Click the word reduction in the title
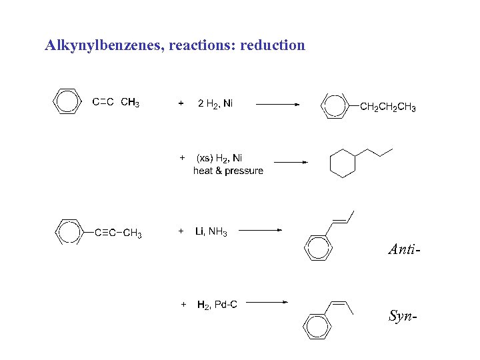[271, 46]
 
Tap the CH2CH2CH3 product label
[387, 107]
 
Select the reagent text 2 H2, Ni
[215, 103]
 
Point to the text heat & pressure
[228, 171]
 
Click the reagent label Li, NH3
[211, 232]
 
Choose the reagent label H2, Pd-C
[217, 305]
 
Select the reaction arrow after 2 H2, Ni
[278, 104]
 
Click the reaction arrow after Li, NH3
[261, 230]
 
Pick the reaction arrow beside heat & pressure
[291, 161]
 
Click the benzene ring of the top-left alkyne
[67, 101]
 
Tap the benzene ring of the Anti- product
[317, 247]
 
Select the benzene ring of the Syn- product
[317, 325]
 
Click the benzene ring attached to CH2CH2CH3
[335, 105]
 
